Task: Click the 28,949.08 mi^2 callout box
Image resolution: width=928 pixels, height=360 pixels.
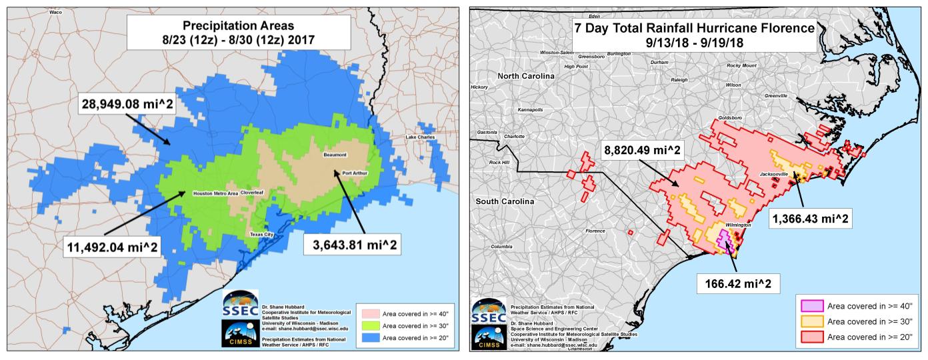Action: tap(126, 105)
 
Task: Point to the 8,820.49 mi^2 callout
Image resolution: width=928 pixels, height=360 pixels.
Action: tap(643, 151)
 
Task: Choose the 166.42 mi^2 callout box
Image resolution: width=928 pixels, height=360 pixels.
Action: tap(739, 283)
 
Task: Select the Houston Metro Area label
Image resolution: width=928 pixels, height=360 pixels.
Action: tap(215, 193)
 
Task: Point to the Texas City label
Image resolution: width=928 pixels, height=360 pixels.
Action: tap(261, 235)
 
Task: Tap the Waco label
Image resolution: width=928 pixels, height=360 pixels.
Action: tap(55, 12)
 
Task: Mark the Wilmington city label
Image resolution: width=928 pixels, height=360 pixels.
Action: tap(738, 225)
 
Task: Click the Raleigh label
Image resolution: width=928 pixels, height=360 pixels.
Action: tap(679, 80)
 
